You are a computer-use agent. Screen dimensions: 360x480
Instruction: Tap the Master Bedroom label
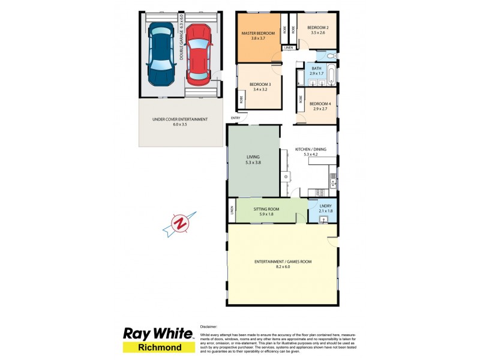[x=257, y=33]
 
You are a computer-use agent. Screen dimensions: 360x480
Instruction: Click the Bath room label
[x=316, y=68]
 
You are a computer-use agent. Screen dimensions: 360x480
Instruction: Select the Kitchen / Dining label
[x=310, y=148]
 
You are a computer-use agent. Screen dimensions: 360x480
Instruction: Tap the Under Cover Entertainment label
[x=180, y=119]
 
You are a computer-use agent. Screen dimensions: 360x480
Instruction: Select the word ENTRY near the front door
[x=235, y=118]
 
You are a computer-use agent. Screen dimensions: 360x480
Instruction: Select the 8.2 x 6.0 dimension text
[x=282, y=267]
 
